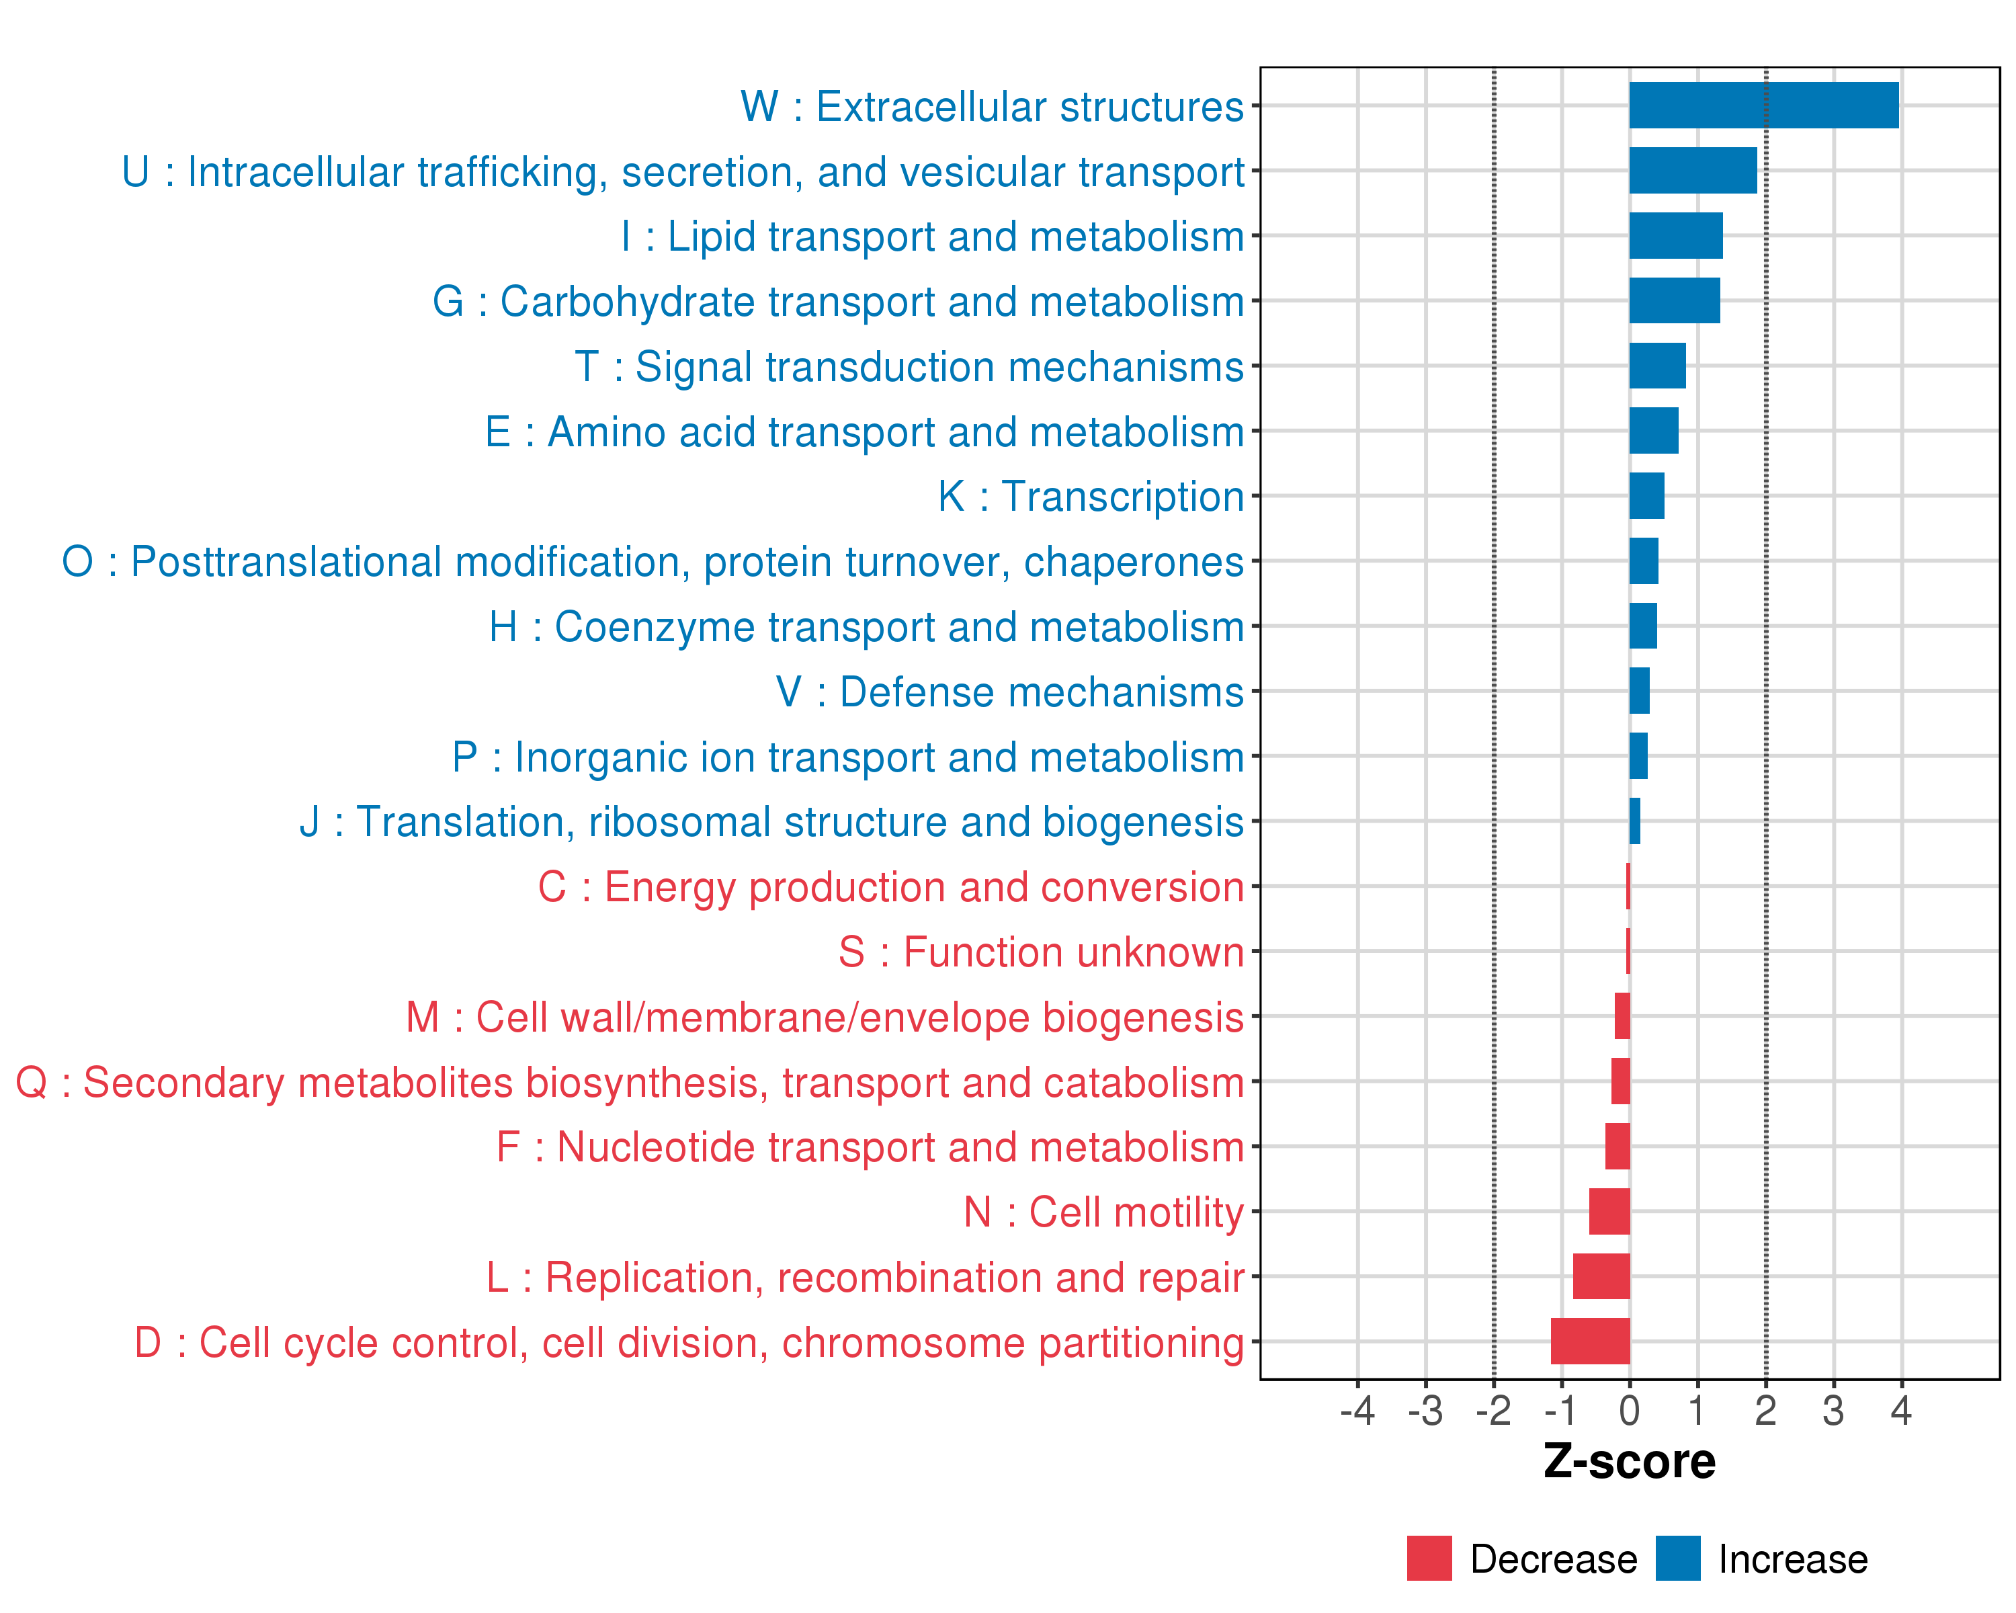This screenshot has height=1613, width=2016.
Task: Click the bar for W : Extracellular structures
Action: pos(1763,105)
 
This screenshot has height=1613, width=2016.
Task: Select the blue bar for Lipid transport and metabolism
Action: pos(1676,236)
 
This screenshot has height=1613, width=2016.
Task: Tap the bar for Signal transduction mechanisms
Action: pos(1657,366)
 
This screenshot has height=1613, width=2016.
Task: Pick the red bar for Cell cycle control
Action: pos(1589,1341)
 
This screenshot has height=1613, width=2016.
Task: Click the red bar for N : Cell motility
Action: pos(1609,1211)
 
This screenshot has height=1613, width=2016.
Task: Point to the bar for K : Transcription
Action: pos(1646,495)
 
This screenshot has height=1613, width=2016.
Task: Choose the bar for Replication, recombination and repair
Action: pos(1601,1276)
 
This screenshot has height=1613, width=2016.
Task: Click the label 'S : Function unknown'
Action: pos(1041,952)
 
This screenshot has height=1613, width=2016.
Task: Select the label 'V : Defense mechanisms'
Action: pos(1010,692)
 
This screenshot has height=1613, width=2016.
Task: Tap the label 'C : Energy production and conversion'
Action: pos(890,886)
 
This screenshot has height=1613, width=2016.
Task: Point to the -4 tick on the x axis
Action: pos(1357,1410)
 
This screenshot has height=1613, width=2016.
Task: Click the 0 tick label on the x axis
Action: pos(1629,1410)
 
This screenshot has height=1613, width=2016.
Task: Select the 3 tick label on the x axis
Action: pos(1833,1410)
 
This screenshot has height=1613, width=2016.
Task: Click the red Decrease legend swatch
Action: pos(1429,1559)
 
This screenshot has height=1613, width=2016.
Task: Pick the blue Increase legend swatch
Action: pos(1677,1559)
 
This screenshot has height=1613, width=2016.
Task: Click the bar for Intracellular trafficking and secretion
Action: pos(1693,170)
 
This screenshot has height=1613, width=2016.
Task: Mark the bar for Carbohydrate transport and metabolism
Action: pos(1674,300)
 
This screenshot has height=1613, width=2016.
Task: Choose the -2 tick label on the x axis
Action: pos(1493,1410)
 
